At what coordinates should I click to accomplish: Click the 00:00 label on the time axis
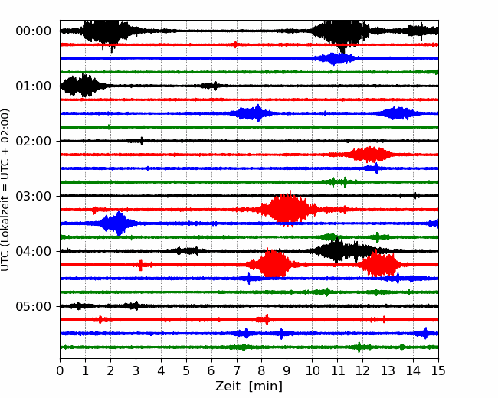click(34, 31)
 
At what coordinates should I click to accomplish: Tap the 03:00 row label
click(34, 196)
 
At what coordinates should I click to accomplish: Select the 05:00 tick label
click(34, 306)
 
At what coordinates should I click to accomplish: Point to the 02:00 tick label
click(34, 141)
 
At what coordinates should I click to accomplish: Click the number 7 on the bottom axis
click(237, 370)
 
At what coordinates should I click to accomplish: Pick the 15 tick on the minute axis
click(438, 370)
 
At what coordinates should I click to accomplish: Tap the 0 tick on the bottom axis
click(60, 370)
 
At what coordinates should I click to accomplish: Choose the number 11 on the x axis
click(337, 370)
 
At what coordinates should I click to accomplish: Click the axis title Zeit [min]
click(249, 387)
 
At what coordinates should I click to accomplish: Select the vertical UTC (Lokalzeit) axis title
click(5, 190)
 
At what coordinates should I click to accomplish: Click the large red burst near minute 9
click(288, 209)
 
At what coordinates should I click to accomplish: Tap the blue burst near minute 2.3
click(117, 223)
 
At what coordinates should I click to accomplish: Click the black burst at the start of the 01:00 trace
click(84, 86)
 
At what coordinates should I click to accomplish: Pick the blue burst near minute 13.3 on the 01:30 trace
click(397, 113)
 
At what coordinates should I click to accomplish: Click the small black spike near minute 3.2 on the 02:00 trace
click(142, 141)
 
